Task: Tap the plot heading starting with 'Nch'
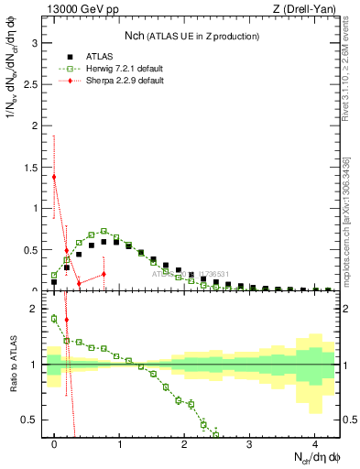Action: [191, 36]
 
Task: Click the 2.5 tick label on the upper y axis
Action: [33, 83]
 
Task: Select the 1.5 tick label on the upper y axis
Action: [33, 167]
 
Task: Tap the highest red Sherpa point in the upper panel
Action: [54, 177]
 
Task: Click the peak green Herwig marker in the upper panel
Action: [104, 231]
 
